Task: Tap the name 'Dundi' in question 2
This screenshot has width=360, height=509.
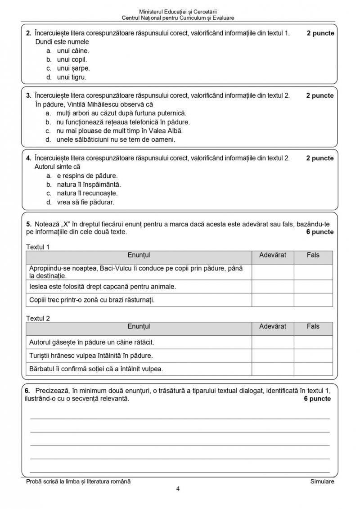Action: pyautogui.click(x=44, y=42)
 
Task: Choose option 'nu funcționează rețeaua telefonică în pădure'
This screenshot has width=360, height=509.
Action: pyautogui.click(x=117, y=122)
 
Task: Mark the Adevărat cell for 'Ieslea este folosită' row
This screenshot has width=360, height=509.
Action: pyautogui.click(x=273, y=286)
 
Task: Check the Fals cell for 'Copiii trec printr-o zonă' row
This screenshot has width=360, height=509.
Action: pyautogui.click(x=313, y=300)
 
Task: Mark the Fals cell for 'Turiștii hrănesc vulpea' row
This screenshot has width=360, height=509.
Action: pyautogui.click(x=313, y=356)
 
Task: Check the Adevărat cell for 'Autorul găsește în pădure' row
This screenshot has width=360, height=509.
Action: pyautogui.click(x=273, y=342)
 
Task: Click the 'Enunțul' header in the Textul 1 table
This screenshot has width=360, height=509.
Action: pyautogui.click(x=139, y=255)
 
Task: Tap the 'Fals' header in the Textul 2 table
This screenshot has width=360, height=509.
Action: pyautogui.click(x=313, y=326)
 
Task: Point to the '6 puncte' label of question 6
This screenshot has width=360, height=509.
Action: pyautogui.click(x=317, y=399)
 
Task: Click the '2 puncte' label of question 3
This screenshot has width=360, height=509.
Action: pyautogui.click(x=320, y=95)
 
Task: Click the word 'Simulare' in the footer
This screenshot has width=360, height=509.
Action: pyautogui.click(x=322, y=482)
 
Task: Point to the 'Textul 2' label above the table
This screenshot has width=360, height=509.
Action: pyautogui.click(x=38, y=318)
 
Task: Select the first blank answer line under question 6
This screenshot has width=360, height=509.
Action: pyautogui.click(x=180, y=418)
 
